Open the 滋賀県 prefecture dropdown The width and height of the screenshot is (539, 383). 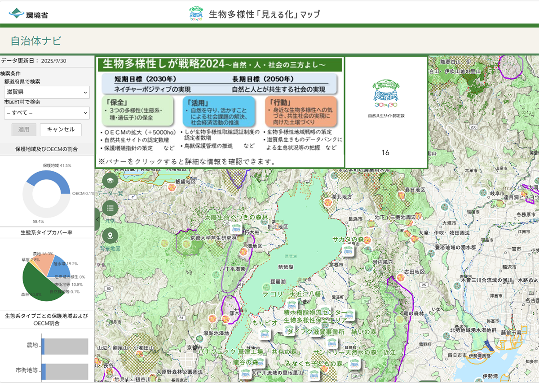[x=47, y=92]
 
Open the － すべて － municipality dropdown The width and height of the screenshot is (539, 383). [x=47, y=113]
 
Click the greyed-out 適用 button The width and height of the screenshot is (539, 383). [x=24, y=129]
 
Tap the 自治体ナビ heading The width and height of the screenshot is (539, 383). [x=36, y=41]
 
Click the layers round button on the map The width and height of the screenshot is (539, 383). [x=110, y=181]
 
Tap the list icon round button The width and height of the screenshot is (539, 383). [x=110, y=208]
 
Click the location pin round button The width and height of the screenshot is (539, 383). [x=110, y=236]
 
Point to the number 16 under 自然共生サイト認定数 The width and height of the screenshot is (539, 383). [x=385, y=152]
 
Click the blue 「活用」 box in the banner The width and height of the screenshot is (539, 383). [x=219, y=111]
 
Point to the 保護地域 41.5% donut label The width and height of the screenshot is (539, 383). [x=57, y=166]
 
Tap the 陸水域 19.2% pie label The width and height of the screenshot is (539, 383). [x=66, y=264]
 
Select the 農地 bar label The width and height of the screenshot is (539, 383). [x=32, y=345]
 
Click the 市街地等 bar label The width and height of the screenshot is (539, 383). [x=27, y=371]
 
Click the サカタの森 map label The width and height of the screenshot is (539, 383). [x=348, y=240]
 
